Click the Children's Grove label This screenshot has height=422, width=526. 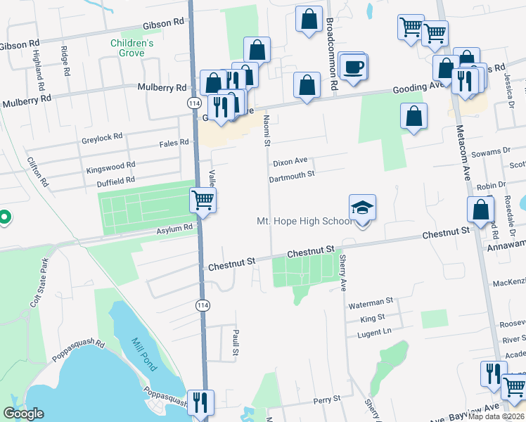pyautogui.click(x=131, y=48)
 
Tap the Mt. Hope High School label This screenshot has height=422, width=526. pyautogui.click(x=304, y=222)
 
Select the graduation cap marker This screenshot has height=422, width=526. pyautogui.click(x=363, y=207)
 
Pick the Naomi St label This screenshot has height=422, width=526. pyautogui.click(x=267, y=133)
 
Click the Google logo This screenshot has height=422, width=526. pyautogui.click(x=24, y=414)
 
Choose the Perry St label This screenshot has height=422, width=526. pyautogui.click(x=327, y=399)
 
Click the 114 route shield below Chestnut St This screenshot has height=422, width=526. pyautogui.click(x=203, y=305)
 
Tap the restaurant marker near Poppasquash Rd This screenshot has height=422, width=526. pyautogui.click(x=200, y=402)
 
